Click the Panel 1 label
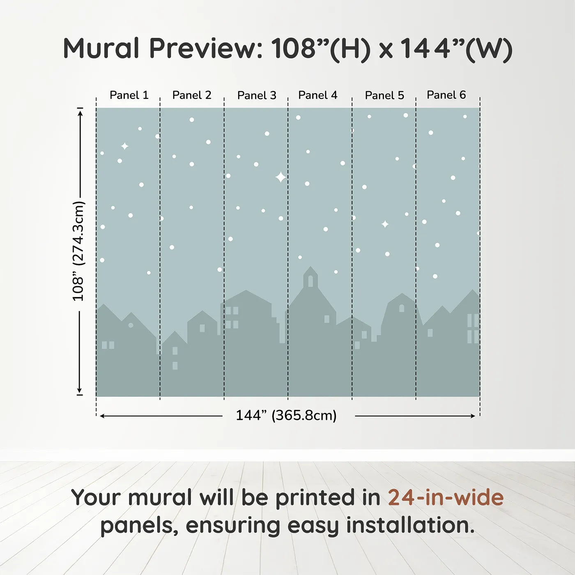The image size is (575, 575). (x=129, y=95)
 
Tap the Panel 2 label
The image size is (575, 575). (x=191, y=95)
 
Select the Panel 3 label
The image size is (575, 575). (x=257, y=96)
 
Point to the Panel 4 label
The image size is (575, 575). (x=317, y=95)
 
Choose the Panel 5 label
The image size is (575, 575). (x=384, y=96)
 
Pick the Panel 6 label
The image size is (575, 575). (x=446, y=95)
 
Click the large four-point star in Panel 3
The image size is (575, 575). (x=281, y=177)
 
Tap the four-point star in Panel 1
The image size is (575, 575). (x=124, y=146)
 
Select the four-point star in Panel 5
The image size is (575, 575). (x=385, y=224)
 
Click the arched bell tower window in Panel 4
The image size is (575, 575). (x=310, y=281)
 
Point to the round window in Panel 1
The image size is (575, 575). (x=131, y=325)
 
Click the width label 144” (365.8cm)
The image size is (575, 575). (x=286, y=416)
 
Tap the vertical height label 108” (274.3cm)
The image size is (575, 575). (x=78, y=251)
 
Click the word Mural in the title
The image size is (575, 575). (x=101, y=48)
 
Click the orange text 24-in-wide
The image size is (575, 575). (x=446, y=497)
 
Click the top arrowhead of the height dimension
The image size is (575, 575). (x=80, y=112)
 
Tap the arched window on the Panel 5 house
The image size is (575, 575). (x=402, y=308)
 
